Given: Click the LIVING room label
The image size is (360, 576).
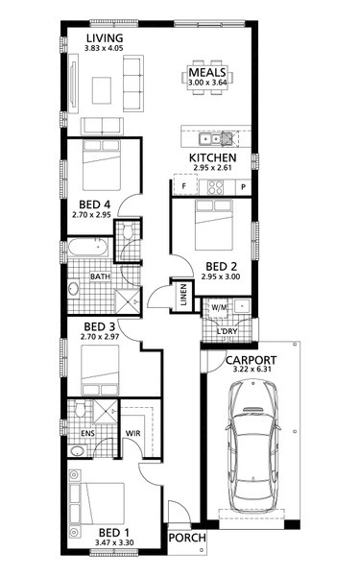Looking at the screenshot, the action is click(105, 37).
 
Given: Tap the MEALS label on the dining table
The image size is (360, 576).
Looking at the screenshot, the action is click(207, 72).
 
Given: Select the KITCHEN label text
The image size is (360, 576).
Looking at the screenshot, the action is click(212, 158).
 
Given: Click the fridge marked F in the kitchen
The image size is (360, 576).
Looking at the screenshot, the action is click(185, 184).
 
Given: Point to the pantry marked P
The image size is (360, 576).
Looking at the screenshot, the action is click(243, 187).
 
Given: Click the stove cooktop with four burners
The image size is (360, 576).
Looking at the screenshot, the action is click(216, 187).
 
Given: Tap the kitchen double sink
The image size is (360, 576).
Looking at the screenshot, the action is click(210, 139).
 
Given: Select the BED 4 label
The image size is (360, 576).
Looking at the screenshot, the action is click(94, 204).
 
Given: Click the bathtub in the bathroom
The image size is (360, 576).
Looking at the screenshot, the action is click(88, 247).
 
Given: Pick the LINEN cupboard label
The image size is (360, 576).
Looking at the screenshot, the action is click(183, 295).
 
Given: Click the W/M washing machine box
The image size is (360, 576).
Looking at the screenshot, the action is click(219, 307).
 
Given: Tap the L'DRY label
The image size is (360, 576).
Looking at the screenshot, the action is click(227, 331).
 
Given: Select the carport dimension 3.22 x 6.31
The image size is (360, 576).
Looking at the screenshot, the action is click(252, 369).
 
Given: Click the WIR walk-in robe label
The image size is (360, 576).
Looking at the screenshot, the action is click(133, 434).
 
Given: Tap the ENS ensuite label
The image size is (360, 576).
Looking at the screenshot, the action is click(87, 434).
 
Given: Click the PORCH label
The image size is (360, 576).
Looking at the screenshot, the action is click(187, 538).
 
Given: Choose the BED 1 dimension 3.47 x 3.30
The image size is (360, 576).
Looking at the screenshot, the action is click(114, 542).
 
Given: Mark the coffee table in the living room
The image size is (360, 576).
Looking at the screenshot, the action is click(102, 90).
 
